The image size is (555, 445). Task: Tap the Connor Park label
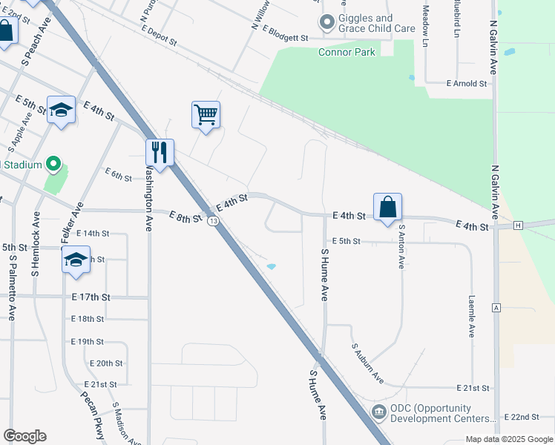(x=347, y=52)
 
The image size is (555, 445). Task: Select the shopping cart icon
(x=206, y=115)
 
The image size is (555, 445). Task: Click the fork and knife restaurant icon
(x=160, y=152)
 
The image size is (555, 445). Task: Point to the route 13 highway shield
(x=213, y=221)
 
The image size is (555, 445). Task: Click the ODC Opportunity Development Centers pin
(x=378, y=412)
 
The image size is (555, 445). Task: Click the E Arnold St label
(x=466, y=84)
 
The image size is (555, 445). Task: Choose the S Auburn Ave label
(x=367, y=363)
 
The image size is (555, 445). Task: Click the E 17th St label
(x=91, y=297)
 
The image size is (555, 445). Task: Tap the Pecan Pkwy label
(x=93, y=419)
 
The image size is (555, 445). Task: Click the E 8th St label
(x=185, y=217)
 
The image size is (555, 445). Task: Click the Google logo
(x=24, y=436)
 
